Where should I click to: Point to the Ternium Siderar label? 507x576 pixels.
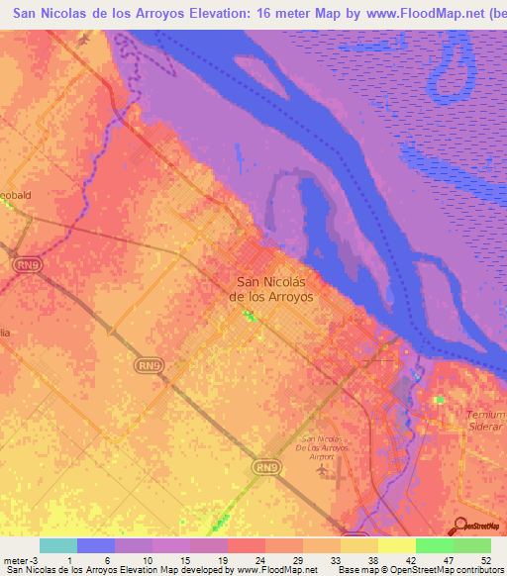[x=485, y=419]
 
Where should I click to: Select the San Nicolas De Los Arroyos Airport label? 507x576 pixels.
[x=323, y=447]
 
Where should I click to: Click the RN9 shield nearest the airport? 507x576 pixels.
[x=263, y=466]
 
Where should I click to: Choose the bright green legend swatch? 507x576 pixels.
[x=434, y=545]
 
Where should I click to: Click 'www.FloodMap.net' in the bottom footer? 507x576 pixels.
[x=277, y=570]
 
